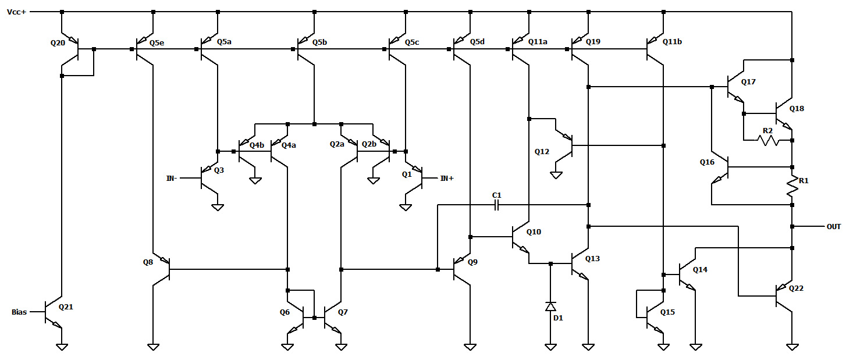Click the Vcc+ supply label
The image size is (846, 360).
(16, 12)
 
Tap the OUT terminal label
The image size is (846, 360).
(834, 226)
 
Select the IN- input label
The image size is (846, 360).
(172, 179)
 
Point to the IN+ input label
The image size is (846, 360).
(446, 179)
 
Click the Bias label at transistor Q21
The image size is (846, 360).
(19, 312)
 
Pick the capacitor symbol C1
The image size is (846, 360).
(496, 205)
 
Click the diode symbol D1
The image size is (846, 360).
(550, 306)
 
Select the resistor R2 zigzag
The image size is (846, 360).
(767, 140)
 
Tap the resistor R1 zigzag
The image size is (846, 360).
(792, 185)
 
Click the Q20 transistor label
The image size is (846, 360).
(58, 43)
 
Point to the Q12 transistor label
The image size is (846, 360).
(542, 152)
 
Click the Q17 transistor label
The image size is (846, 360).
(748, 82)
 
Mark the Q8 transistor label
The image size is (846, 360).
(148, 262)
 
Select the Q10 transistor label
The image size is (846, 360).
(534, 231)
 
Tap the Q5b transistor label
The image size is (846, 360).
(319, 42)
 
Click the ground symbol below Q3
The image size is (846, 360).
(218, 207)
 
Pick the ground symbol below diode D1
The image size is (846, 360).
(550, 347)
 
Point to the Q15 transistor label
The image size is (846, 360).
(667, 312)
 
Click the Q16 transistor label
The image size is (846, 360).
(707, 162)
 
